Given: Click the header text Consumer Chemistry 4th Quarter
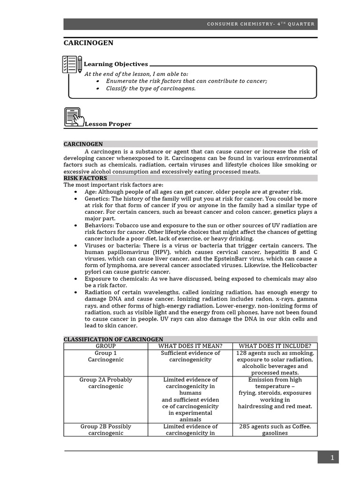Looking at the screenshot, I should click(x=261, y=24).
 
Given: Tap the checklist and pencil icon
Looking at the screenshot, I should click(x=72, y=65).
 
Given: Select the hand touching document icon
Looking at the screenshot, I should click(x=74, y=117).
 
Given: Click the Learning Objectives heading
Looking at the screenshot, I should click(x=116, y=64).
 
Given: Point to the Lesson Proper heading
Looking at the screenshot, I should click(x=108, y=124).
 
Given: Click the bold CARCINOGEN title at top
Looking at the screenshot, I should click(x=88, y=43).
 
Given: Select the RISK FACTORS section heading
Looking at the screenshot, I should click(x=85, y=178).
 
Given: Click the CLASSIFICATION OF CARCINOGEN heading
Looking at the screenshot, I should click(x=113, y=339).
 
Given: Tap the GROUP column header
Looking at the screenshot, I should click(x=105, y=346).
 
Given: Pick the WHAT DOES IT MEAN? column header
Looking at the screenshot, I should click(x=190, y=346).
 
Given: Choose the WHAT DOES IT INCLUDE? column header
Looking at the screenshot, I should click(x=275, y=346).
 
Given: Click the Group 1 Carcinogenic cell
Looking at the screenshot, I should click(x=105, y=356).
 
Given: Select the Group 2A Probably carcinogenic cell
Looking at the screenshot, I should click(x=105, y=383).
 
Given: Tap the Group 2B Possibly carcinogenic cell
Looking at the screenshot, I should click(x=105, y=430).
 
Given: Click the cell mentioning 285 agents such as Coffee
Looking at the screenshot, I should click(x=275, y=430).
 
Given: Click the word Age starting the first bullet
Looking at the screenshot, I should click(x=90, y=192).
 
